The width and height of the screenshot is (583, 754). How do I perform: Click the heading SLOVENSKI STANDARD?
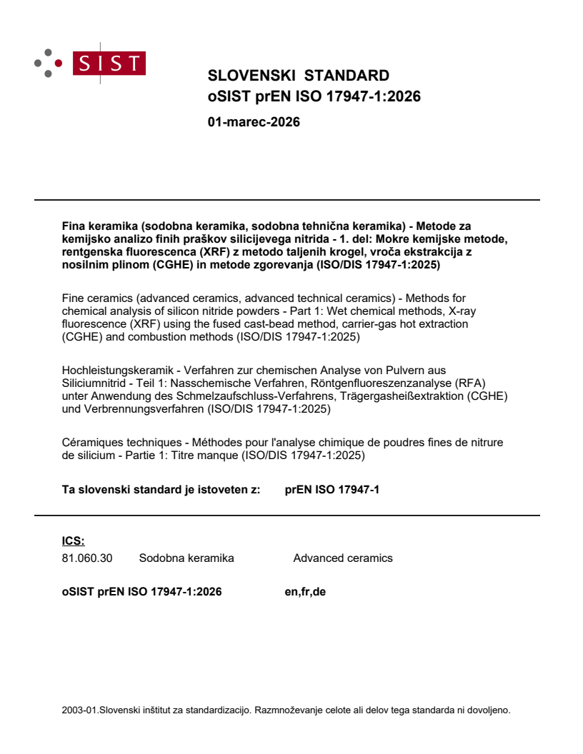pyautogui.click(x=298, y=76)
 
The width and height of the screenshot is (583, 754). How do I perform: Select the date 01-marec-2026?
pyautogui.click(x=254, y=122)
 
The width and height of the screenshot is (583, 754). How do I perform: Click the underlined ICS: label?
pyautogui.click(x=73, y=541)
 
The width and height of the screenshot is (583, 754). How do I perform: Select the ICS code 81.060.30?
pyautogui.click(x=87, y=558)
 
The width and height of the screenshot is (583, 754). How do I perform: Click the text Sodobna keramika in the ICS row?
pyautogui.click(x=186, y=558)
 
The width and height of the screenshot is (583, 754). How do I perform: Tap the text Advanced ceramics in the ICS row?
pyautogui.click(x=343, y=558)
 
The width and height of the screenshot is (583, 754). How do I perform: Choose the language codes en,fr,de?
pyautogui.click(x=305, y=591)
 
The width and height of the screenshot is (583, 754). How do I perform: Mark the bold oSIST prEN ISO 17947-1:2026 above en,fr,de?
pyautogui.click(x=141, y=591)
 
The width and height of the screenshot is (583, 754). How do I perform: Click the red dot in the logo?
pyautogui.click(x=59, y=63)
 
